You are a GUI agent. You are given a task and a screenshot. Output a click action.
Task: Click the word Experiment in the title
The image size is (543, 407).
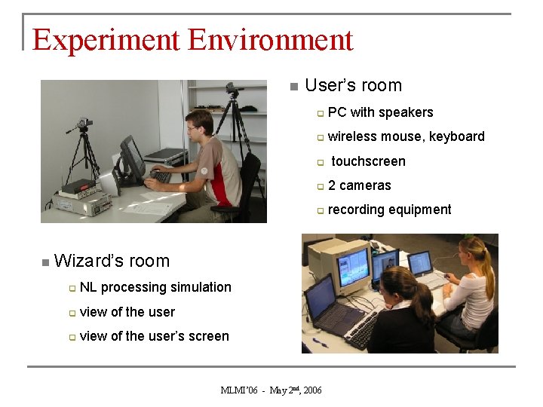[106, 39]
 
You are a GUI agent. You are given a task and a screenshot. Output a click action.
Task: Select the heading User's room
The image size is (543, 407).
[353, 86]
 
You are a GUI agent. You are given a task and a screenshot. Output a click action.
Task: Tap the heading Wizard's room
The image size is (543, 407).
[112, 262]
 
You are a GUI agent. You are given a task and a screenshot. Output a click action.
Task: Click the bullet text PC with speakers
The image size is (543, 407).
[380, 113]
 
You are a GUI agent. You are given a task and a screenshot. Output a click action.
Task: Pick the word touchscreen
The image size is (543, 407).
[368, 161]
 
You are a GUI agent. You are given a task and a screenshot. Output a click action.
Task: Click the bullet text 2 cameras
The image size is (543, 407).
[359, 185]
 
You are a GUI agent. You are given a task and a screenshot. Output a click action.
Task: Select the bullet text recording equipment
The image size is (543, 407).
[389, 210]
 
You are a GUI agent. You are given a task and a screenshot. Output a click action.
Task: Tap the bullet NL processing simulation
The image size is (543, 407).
[155, 287]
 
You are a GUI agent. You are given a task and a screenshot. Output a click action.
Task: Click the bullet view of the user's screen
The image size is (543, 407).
[154, 336]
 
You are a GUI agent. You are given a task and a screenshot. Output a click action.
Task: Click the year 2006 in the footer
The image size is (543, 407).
[311, 390]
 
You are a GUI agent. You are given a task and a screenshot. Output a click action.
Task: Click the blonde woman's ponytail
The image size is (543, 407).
[486, 268]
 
